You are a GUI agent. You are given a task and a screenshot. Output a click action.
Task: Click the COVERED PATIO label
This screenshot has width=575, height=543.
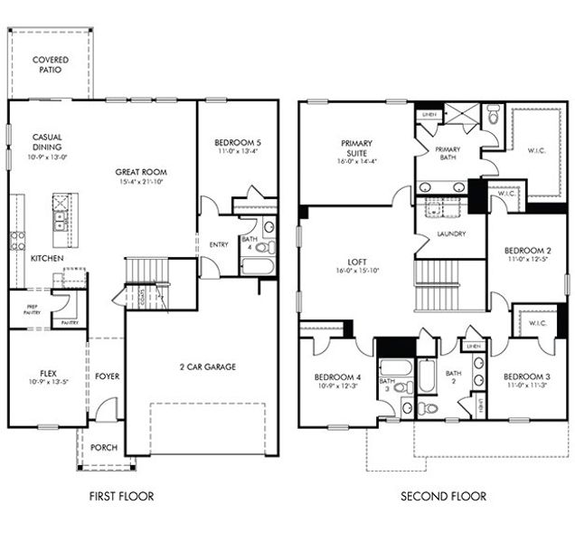coord(50,64)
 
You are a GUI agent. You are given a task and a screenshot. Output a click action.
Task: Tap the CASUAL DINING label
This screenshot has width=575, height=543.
coord(47,146)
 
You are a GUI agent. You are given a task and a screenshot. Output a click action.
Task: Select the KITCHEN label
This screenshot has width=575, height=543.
coord(47,258)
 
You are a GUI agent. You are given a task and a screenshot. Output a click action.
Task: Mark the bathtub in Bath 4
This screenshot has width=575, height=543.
coord(256,266)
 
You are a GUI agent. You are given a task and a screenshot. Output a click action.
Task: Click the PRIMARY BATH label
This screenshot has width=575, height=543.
coord(448,154)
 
